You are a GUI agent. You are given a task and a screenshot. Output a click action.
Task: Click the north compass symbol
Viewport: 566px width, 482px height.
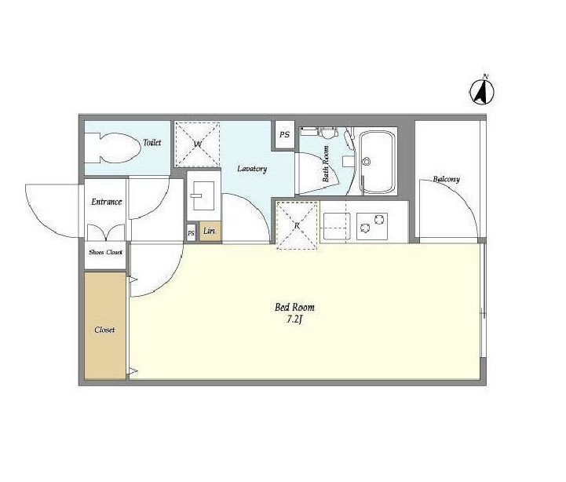[481, 91]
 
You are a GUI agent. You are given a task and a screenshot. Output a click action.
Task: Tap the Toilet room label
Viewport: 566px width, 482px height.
[152, 142]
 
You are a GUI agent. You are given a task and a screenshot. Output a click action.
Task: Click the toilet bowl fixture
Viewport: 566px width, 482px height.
[112, 148]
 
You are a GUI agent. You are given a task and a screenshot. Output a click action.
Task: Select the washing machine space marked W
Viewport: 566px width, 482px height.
[198, 144]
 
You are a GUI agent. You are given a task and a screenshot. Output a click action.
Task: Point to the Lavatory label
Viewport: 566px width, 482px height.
[252, 169]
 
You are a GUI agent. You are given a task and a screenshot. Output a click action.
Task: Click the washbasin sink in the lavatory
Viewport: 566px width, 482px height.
[203, 195]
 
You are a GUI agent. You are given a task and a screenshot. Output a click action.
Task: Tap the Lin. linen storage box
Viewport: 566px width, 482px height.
[210, 232]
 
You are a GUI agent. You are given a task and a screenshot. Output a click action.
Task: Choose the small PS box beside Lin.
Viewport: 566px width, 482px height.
[191, 233]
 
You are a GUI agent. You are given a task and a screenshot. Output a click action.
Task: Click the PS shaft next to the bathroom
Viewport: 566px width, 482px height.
[285, 135]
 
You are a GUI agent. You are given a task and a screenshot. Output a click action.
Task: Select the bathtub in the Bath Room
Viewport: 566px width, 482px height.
[378, 162]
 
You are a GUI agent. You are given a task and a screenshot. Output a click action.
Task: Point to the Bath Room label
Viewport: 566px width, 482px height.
[326, 163]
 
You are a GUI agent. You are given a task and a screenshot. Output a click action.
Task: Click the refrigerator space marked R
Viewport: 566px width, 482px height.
[297, 225]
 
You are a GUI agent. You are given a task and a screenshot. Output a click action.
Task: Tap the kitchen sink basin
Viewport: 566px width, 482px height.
[337, 226]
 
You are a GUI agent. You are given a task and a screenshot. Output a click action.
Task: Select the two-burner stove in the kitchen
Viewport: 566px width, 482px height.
[372, 226]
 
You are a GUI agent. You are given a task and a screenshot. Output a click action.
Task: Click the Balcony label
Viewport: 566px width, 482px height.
[446, 179]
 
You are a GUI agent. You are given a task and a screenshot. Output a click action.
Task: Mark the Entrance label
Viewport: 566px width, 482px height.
[106, 202]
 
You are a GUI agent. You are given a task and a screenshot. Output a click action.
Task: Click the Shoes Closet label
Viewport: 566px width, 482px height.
[105, 252]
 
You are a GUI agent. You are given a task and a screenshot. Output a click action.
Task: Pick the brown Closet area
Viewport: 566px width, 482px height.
[105, 326]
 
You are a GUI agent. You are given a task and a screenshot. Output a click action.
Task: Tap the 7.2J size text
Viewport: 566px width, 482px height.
[294, 320]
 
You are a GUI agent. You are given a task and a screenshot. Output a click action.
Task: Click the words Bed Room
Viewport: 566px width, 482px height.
[294, 307]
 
